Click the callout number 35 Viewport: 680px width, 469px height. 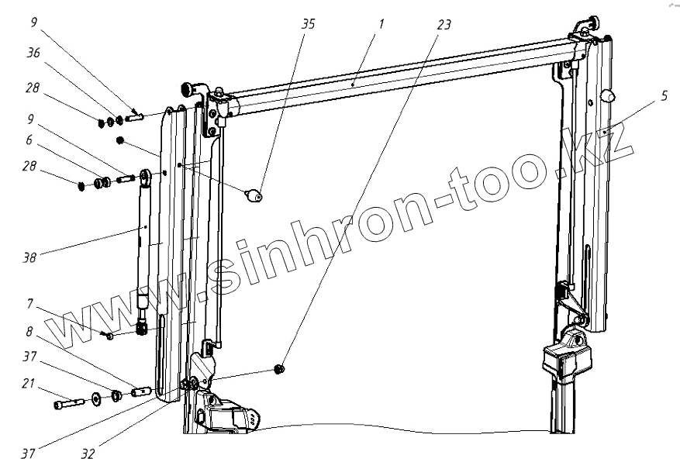tap(308, 24)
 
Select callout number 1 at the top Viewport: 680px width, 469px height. tap(381, 24)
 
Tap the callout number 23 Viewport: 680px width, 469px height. tap(444, 24)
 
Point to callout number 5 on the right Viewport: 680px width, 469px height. tap(664, 96)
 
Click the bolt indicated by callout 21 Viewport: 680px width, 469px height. tap(67, 404)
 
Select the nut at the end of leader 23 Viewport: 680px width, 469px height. tap(280, 369)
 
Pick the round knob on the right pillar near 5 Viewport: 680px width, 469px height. tap(609, 97)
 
